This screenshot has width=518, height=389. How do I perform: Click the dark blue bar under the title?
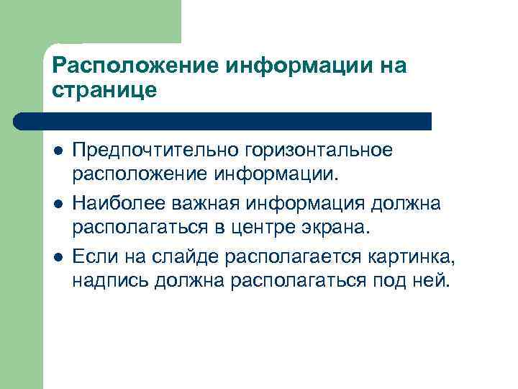pyautogui.click(x=223, y=120)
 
